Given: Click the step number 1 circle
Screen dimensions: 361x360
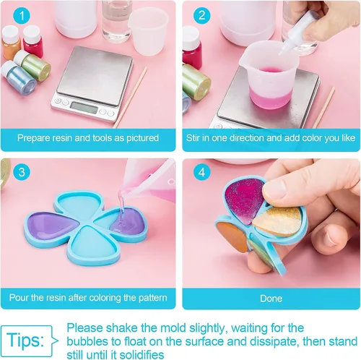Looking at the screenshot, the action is point(22,15).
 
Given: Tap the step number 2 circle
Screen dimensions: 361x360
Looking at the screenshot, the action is point(202,15).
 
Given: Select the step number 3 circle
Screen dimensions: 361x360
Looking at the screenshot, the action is point(22,172).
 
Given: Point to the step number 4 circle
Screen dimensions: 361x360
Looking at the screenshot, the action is point(202,172).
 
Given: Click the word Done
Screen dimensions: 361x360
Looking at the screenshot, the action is point(271,299).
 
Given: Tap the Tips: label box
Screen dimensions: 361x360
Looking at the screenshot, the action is point(27,340).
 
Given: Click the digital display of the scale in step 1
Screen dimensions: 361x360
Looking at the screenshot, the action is point(84,108).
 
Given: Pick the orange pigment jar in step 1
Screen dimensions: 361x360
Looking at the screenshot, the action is point(11,42).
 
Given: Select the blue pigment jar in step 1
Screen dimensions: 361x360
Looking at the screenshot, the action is point(19,76).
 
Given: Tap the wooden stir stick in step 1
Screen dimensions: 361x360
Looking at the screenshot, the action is point(130,97).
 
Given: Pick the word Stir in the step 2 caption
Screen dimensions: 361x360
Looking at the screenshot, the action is point(193,138).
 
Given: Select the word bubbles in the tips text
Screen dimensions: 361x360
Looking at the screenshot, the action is point(87,341).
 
